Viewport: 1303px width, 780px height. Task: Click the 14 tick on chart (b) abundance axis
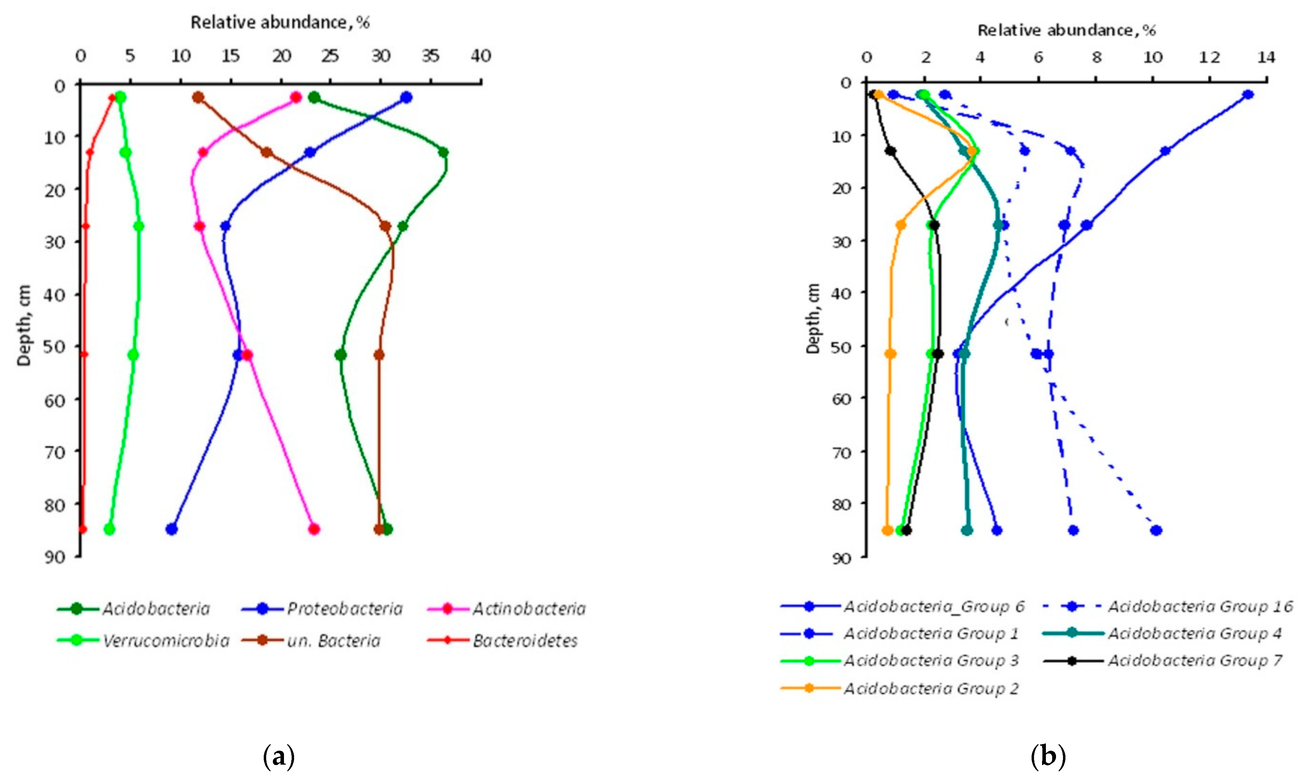tap(1267, 57)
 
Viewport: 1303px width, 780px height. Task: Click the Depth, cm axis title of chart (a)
tap(24, 325)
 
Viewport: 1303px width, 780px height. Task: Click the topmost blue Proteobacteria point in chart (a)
tap(406, 98)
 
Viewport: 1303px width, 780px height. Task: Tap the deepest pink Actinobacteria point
tap(314, 529)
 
